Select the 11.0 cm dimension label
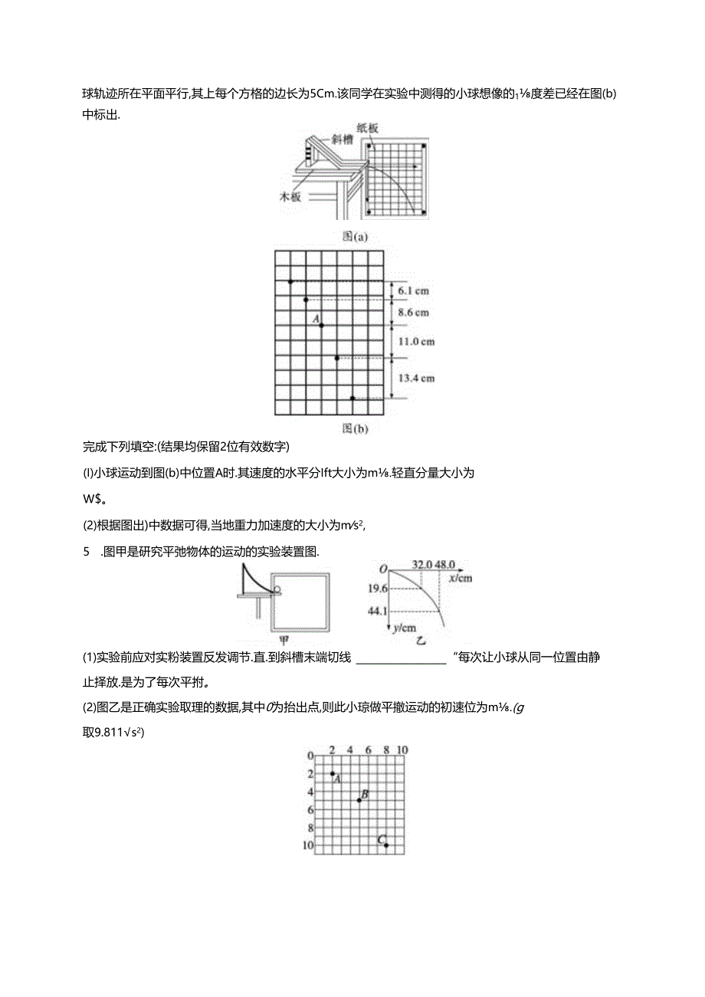(418, 342)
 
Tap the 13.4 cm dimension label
(418, 378)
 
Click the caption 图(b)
(356, 428)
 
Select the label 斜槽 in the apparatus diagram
(341, 139)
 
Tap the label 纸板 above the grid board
(368, 129)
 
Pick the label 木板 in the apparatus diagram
(290, 196)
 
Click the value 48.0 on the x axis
(447, 565)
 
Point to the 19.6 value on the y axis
(378, 589)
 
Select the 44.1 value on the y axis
(378, 611)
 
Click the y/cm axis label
(404, 628)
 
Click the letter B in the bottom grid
(365, 795)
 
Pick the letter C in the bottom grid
(381, 840)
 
